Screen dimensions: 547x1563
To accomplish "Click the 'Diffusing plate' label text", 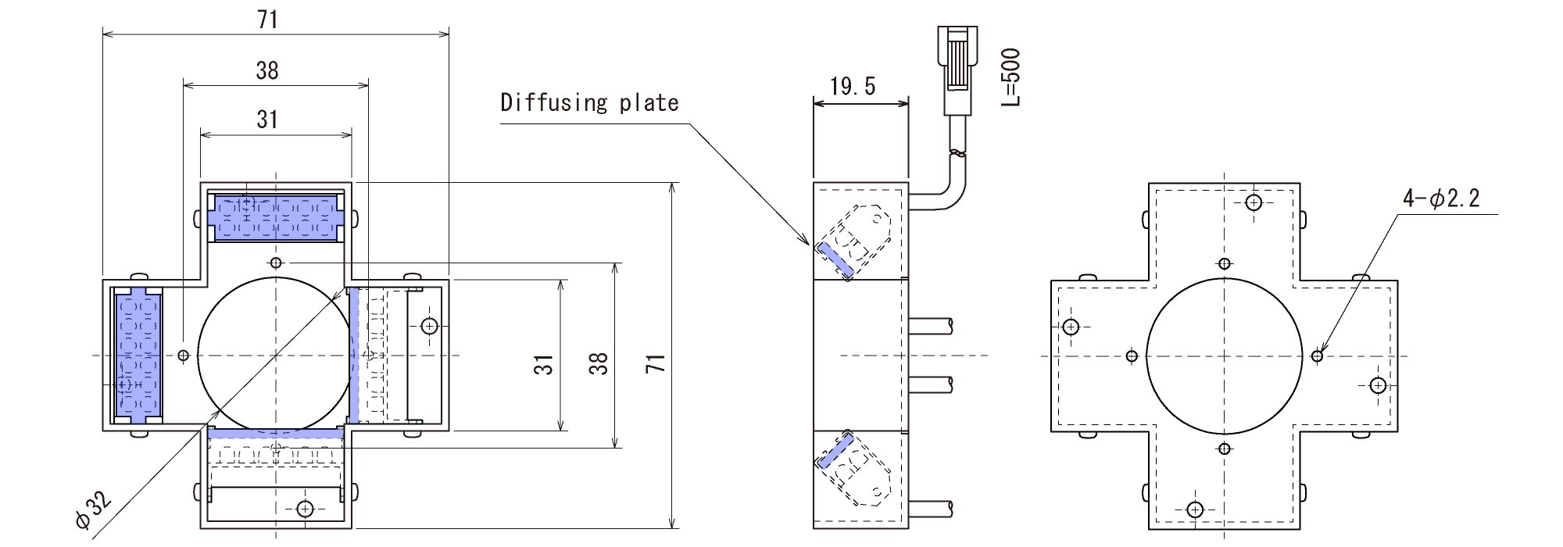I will point(589,103).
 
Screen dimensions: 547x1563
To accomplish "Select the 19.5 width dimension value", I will point(853,86).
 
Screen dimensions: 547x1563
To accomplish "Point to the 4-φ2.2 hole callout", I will point(1441,198).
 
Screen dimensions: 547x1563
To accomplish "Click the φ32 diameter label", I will point(93,511).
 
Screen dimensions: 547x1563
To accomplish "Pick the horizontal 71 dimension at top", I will point(267,20).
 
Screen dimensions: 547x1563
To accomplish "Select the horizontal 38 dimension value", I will point(267,70).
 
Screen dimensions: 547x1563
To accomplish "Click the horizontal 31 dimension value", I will point(267,119).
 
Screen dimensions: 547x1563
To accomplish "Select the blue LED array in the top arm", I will point(275,216).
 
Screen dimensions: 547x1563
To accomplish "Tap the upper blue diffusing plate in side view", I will point(835,259).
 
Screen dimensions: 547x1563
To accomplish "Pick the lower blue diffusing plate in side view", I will point(835,452).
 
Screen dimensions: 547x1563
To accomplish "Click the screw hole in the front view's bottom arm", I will point(306,509).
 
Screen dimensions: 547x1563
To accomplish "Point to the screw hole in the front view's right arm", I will point(429,326).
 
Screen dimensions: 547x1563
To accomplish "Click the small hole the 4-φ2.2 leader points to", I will point(1318,356).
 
